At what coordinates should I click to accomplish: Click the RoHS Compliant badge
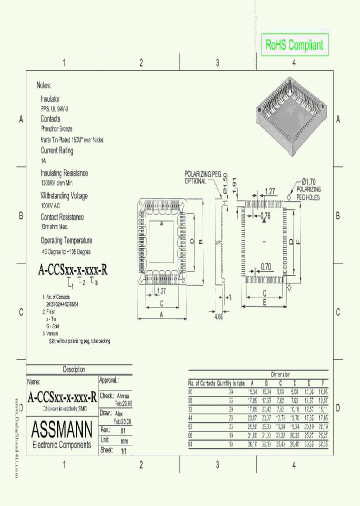click(x=294, y=45)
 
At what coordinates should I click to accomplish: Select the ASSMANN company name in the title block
click(x=61, y=429)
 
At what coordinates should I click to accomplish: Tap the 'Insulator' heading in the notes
click(x=50, y=99)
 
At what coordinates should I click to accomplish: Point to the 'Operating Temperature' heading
click(x=66, y=240)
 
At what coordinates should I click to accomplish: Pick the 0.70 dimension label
click(x=265, y=267)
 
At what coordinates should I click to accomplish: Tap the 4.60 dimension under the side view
click(x=218, y=317)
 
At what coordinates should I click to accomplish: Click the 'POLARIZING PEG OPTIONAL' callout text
click(x=202, y=177)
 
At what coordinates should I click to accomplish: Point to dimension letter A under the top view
click(x=162, y=314)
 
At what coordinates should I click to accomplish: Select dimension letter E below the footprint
click(x=264, y=302)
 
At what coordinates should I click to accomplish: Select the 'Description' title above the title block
click(x=73, y=369)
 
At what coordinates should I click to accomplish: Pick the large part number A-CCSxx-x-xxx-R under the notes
click(x=73, y=270)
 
